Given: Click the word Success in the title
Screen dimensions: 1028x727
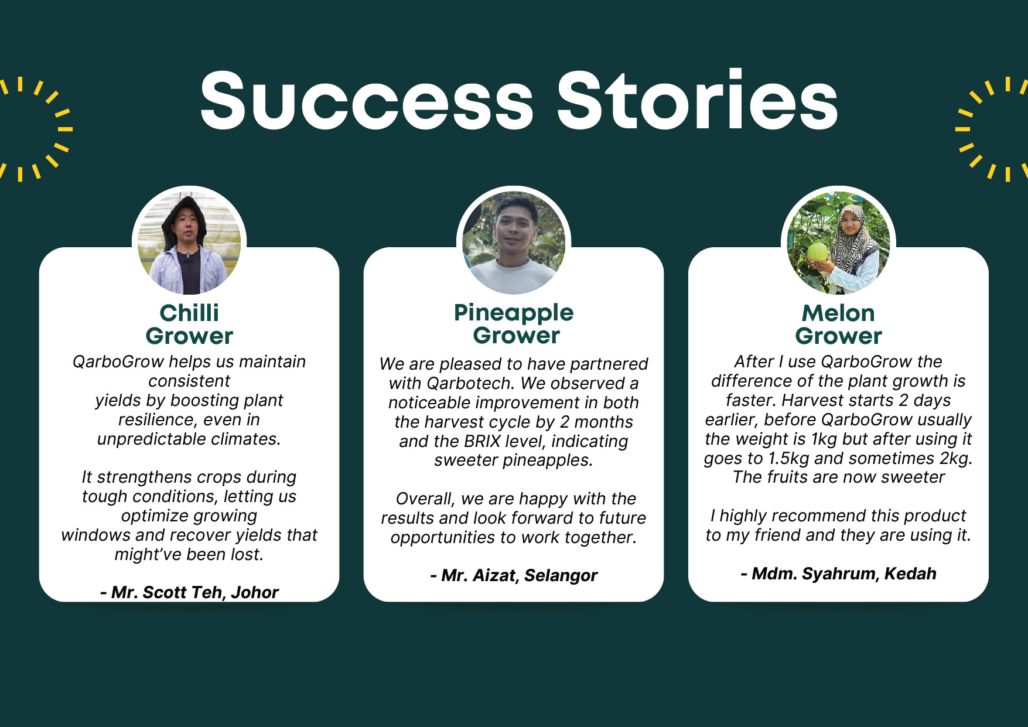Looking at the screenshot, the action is click(367, 100).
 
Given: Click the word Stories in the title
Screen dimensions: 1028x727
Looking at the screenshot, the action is click(697, 100).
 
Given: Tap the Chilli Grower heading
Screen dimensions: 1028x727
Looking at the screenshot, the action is click(189, 324).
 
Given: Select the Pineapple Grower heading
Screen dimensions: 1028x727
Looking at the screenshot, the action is click(514, 323).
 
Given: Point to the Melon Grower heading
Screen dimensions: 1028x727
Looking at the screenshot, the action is click(838, 324).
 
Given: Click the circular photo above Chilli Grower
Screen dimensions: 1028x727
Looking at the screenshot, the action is click(189, 243).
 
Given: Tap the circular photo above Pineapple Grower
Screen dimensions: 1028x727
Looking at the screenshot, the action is click(514, 243).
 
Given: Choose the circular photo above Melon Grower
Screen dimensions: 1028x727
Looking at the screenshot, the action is click(838, 243).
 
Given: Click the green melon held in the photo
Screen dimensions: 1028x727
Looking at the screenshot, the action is click(818, 252).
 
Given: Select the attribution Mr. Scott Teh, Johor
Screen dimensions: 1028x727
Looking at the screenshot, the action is click(189, 592).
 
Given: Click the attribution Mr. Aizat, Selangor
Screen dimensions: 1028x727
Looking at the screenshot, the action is click(514, 575).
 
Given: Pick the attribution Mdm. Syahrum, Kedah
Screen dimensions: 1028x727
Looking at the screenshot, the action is click(838, 574).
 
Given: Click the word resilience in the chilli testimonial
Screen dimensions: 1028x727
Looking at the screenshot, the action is click(156, 419).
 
